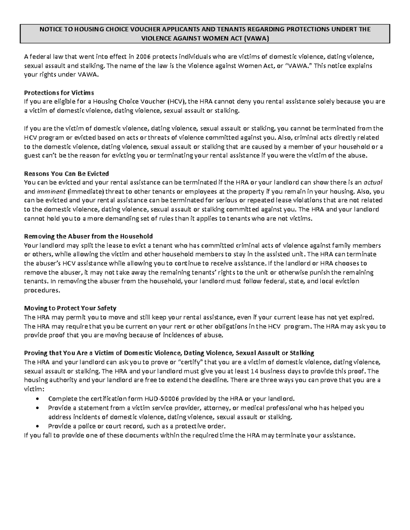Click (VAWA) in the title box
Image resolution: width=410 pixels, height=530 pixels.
257,39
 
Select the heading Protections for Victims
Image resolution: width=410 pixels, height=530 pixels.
59,92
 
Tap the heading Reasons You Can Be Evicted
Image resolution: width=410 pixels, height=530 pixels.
66,173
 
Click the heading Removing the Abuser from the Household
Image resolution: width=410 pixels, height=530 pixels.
88,236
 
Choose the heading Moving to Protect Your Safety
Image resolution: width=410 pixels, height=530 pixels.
70,308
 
